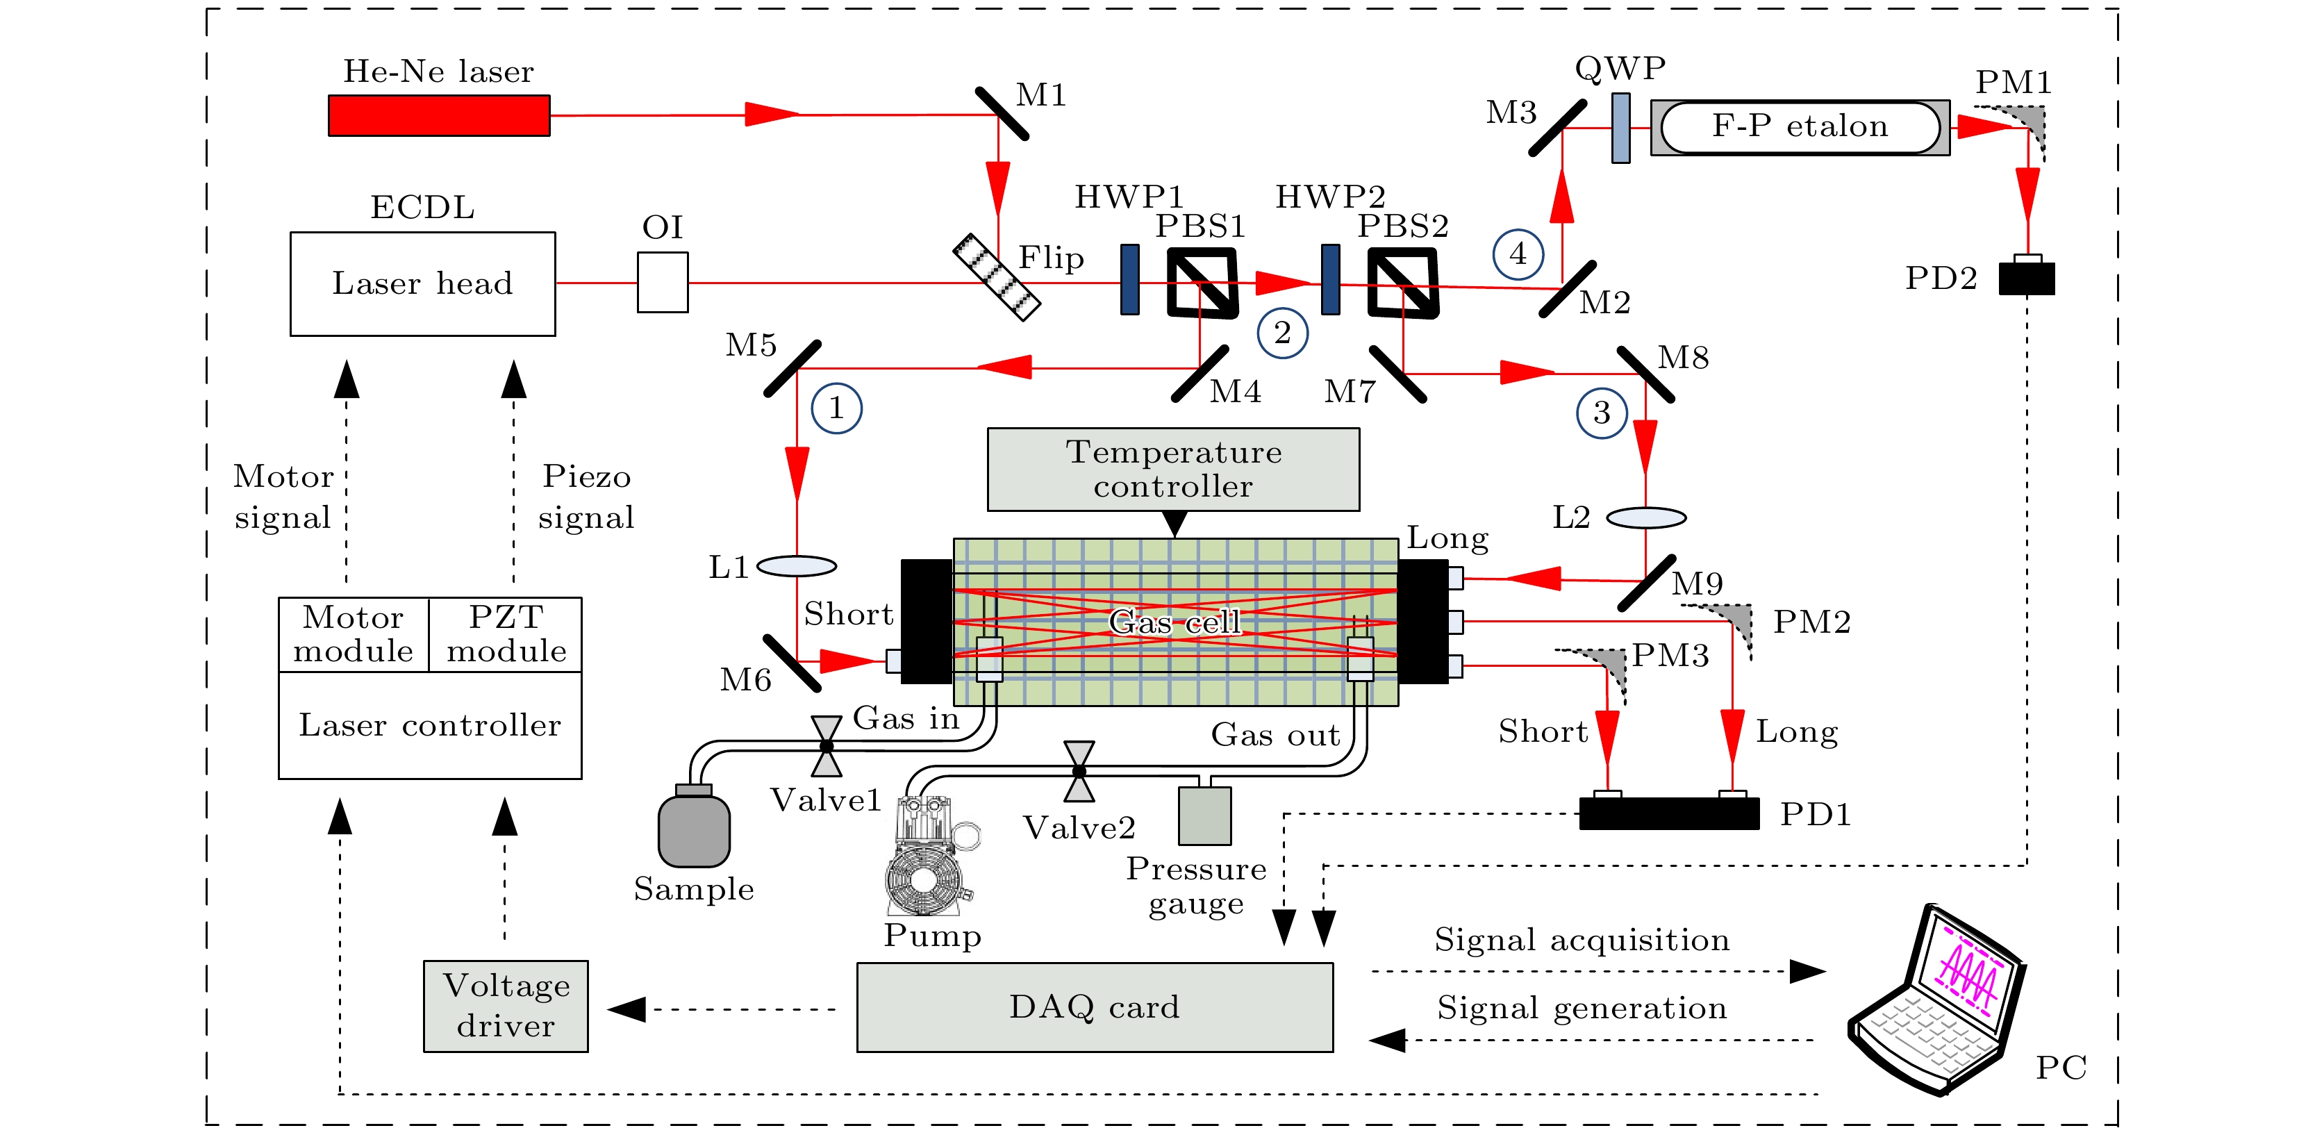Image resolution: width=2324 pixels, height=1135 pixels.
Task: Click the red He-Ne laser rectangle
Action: (x=438, y=115)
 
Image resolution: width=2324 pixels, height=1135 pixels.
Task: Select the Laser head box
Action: (x=422, y=283)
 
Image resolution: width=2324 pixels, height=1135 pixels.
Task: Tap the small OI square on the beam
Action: (x=662, y=283)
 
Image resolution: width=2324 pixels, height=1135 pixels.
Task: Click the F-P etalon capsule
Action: (x=1800, y=127)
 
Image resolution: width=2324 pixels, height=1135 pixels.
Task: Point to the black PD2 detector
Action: (x=2026, y=278)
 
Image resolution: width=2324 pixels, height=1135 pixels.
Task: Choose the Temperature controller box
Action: (x=1173, y=469)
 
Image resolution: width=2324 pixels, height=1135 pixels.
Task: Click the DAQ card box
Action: (x=1095, y=1007)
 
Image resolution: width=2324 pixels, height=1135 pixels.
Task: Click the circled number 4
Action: (x=1518, y=254)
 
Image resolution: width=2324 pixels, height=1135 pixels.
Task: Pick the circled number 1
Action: (x=836, y=408)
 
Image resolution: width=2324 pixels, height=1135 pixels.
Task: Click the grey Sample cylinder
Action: (x=694, y=829)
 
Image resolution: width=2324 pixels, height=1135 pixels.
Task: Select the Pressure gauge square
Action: (x=1204, y=815)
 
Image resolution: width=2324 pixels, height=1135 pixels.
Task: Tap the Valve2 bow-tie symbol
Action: (x=1079, y=772)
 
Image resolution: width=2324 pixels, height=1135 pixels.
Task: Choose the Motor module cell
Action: (x=354, y=634)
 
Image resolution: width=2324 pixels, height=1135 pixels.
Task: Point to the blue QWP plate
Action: (x=1620, y=128)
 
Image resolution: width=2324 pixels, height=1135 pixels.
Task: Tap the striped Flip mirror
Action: (x=996, y=277)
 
